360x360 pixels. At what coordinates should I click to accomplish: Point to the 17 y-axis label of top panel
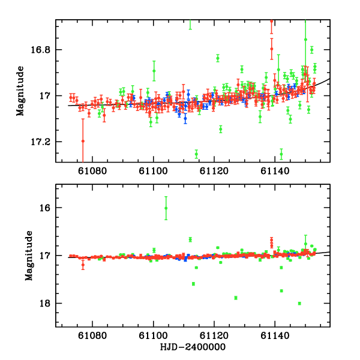click(x=46, y=96)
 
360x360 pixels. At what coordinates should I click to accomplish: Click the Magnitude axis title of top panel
click(x=21, y=90)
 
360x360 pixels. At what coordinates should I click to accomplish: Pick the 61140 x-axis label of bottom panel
click(x=275, y=338)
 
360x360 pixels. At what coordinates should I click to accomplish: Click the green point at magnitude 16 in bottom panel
click(x=166, y=208)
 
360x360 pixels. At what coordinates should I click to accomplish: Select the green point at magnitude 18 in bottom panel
click(x=299, y=303)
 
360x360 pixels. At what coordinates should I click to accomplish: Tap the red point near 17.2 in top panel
click(x=83, y=141)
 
